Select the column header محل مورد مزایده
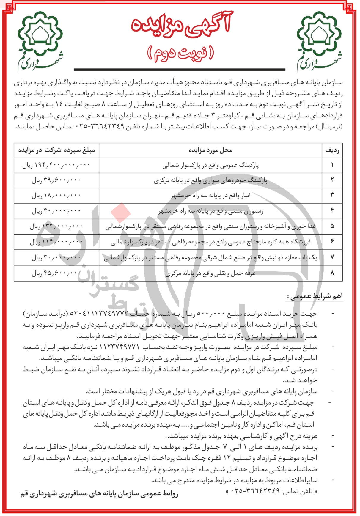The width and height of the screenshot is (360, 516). click(x=210, y=150)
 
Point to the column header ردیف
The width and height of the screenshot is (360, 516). click(x=332, y=150)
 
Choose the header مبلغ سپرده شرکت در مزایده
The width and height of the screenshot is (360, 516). click(x=56, y=150)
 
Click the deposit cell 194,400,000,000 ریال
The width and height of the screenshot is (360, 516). click(x=56, y=165)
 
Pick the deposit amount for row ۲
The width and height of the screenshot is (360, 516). click(x=56, y=180)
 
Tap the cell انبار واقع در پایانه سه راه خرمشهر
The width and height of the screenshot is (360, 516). click(x=210, y=196)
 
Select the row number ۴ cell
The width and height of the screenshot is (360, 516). click(x=332, y=211)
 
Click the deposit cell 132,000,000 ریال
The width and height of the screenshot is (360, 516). click(x=56, y=226)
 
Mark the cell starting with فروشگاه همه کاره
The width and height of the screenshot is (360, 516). click(x=210, y=242)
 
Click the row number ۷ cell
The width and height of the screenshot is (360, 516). click(x=332, y=257)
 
